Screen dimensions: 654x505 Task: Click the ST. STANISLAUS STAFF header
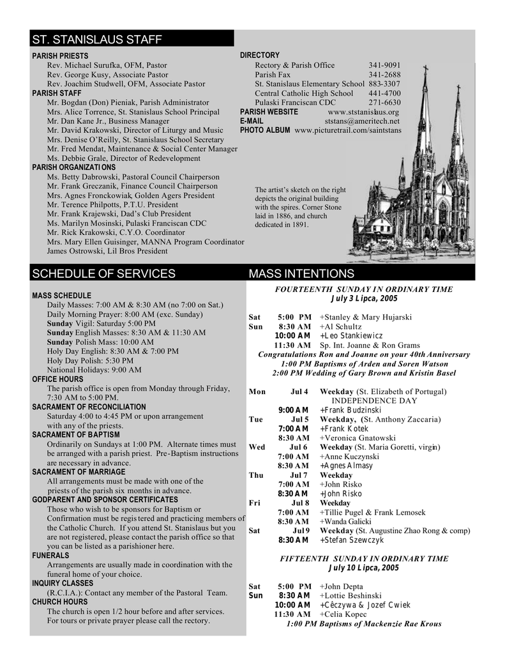(97, 40)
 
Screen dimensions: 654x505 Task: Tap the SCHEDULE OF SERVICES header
(103, 274)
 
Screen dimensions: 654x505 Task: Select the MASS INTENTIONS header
(301, 274)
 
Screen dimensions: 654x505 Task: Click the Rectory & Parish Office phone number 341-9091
(384, 65)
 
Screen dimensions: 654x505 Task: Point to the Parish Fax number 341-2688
(384, 75)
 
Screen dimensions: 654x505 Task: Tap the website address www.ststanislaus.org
(363, 112)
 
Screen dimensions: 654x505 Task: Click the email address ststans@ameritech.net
(362, 121)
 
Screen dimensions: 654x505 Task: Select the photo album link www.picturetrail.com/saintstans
(348, 130)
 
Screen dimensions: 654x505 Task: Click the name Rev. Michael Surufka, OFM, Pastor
(107, 65)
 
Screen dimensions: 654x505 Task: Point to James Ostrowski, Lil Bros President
(107, 251)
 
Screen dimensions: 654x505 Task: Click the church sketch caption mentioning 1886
(300, 207)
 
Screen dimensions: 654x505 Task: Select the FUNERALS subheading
(50, 556)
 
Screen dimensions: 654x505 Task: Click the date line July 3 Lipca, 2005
(364, 298)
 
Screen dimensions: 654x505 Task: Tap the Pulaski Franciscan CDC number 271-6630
(384, 102)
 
